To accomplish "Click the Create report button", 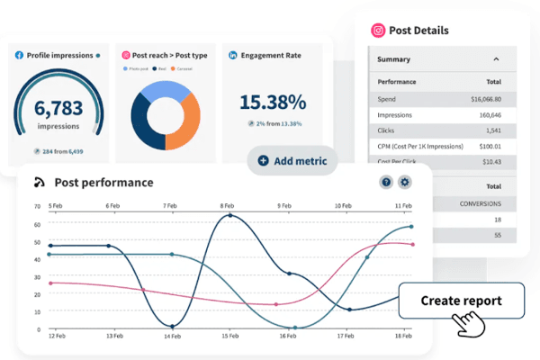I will (462, 300).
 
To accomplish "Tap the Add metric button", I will (292, 160).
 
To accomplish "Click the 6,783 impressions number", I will (58, 109).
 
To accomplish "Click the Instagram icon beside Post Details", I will (379, 30).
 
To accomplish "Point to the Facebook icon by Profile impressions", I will (19, 55).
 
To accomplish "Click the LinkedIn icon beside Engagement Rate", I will (232, 55).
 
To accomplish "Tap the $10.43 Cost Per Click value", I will (491, 162).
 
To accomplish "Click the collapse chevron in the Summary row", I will (497, 59).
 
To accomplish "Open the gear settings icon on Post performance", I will (405, 182).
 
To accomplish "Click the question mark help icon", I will (386, 182).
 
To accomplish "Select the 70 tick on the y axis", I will (38, 206).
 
